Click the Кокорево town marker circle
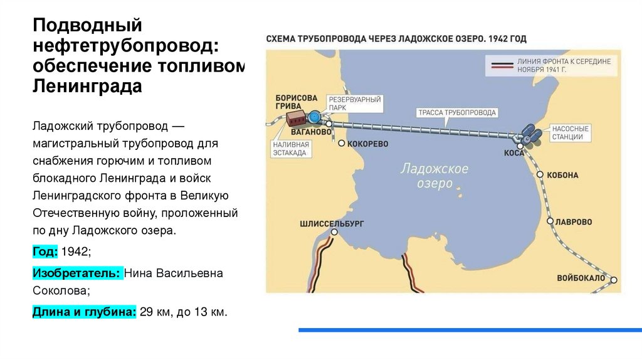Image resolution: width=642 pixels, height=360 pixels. pos(341,144)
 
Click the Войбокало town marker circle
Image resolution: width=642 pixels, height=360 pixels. pos(614,280)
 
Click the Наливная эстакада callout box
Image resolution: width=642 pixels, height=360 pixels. pos(290,148)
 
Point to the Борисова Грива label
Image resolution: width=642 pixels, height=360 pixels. pos(296,102)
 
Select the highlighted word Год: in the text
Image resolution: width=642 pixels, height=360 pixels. pos(45,251)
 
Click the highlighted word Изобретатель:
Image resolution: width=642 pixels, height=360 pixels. pos(76,273)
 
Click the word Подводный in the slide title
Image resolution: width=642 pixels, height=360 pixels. pos(88,26)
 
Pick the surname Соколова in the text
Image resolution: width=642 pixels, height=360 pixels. pos(61,290)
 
